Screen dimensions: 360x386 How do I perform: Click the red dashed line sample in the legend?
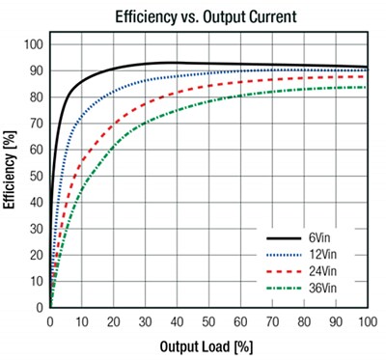coord(292,271)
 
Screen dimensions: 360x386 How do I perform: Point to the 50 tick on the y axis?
coord(38,176)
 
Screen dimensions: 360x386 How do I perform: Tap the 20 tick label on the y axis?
coord(38,255)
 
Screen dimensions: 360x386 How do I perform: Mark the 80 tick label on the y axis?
coord(38,97)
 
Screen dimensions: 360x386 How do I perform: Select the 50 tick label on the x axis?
coord(208,320)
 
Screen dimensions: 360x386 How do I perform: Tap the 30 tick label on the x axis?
coord(145,320)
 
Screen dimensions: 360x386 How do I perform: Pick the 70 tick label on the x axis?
coord(271,320)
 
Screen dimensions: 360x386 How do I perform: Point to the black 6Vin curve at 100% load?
coord(366,68)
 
